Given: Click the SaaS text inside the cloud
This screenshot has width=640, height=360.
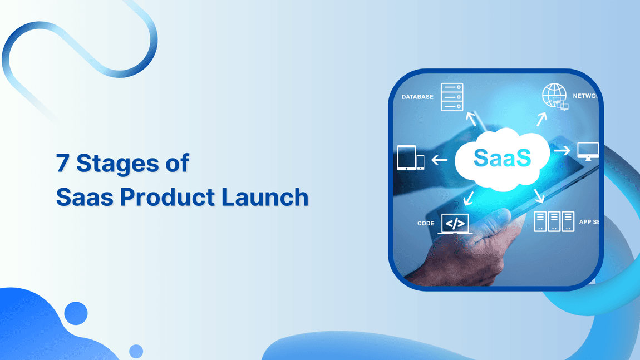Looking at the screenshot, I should point(502,158).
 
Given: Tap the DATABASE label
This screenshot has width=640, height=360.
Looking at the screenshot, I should point(417,97).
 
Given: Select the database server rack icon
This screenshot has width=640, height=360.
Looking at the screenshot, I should point(452,97).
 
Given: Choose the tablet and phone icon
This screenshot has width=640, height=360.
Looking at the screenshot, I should point(411,157).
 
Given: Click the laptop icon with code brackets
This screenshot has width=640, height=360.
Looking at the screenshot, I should point(455,224).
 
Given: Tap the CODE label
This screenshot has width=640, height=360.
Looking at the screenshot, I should point(426,224).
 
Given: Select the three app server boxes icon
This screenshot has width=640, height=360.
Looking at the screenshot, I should point(554,221).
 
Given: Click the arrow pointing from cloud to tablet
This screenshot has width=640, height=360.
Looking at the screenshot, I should point(440,160).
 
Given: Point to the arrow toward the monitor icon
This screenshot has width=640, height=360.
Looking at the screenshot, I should point(562,151).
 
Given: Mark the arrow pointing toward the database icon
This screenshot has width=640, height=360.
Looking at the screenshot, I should point(472,119).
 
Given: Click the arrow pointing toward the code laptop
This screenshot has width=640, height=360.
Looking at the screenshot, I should point(468,198).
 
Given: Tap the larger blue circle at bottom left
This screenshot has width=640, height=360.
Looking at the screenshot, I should point(76,313).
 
